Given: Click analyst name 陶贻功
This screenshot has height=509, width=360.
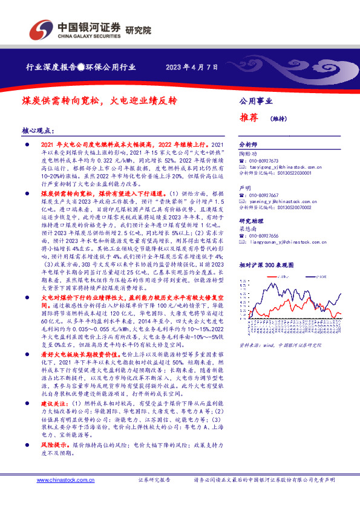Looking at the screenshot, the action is (248, 154).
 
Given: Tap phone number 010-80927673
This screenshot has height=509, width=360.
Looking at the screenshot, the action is (268, 161).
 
